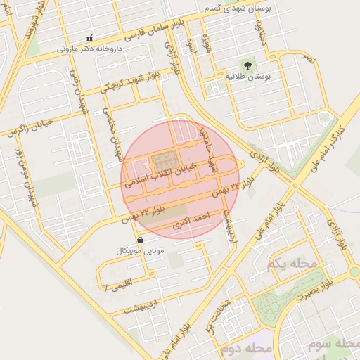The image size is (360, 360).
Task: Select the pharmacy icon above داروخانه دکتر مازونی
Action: [x=89, y=37]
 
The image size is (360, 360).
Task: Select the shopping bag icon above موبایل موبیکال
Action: [x=141, y=240]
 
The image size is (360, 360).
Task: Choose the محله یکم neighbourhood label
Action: [x=292, y=264]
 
